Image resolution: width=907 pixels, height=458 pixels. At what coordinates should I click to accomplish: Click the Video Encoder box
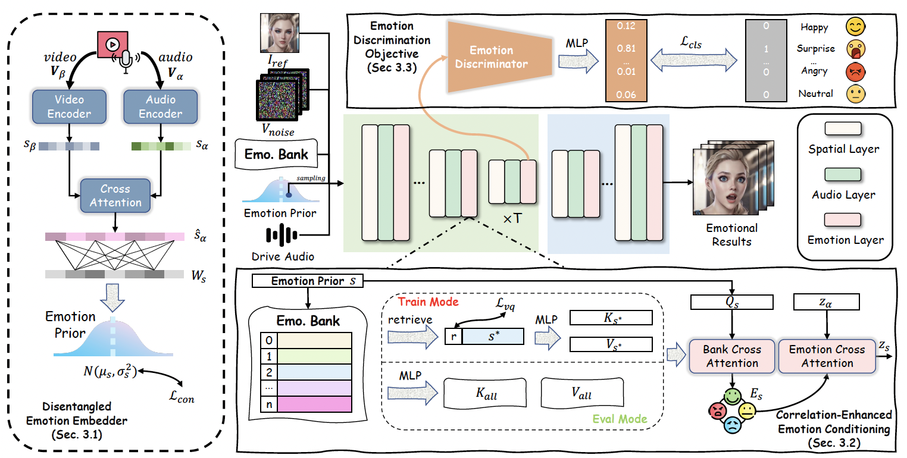pos(69,106)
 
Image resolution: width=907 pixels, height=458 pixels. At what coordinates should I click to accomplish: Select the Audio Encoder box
pos(161,106)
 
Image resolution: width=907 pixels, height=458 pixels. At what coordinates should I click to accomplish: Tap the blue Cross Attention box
pos(115,196)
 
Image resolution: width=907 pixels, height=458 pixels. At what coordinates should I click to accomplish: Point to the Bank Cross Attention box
pos(732,356)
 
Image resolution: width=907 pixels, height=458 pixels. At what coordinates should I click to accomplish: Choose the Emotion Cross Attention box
pos(827,356)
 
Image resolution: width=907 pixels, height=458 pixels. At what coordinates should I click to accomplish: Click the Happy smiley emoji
pos(855,27)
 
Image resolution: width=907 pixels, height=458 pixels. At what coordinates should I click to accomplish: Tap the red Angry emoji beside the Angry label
pos(855,72)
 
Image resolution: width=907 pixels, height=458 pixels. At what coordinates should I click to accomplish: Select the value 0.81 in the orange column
pos(626,49)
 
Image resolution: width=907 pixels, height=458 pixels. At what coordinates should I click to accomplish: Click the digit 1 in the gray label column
pos(766,49)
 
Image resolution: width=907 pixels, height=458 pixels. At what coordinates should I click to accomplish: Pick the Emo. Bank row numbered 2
pos(306,372)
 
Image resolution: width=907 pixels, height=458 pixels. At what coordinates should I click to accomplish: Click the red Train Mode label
pos(428,302)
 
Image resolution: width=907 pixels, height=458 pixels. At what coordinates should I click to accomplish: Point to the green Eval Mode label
pos(620,419)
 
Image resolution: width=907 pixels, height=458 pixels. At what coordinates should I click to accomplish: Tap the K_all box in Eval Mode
pos(485,393)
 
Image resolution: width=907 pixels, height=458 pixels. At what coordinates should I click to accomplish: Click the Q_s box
pos(732,302)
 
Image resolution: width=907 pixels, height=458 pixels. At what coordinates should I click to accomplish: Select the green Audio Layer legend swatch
pos(843,174)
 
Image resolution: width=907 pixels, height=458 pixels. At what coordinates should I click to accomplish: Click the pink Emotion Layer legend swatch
pos(843,219)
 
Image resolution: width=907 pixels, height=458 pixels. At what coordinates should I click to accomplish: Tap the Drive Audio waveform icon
pos(282,235)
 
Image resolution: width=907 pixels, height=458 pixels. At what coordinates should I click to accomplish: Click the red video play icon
pos(112,44)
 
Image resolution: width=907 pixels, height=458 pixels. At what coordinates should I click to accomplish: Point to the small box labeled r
pos(454,336)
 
